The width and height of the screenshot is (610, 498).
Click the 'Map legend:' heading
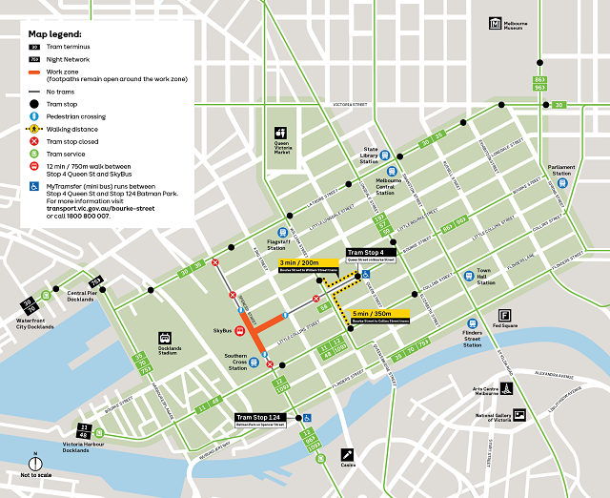tap(55, 32)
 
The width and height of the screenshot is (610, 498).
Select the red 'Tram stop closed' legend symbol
tap(34, 140)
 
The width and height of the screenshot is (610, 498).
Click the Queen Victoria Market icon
tap(280, 133)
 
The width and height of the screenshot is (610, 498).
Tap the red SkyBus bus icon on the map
tap(240, 332)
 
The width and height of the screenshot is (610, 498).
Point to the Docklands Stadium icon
tap(165, 336)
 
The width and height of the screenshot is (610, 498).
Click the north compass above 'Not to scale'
tap(35, 463)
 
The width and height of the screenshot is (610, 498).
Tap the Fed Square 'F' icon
tap(503, 316)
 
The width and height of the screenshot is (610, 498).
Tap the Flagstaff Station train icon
tap(283, 232)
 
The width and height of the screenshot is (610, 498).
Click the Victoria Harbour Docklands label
tap(79, 446)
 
